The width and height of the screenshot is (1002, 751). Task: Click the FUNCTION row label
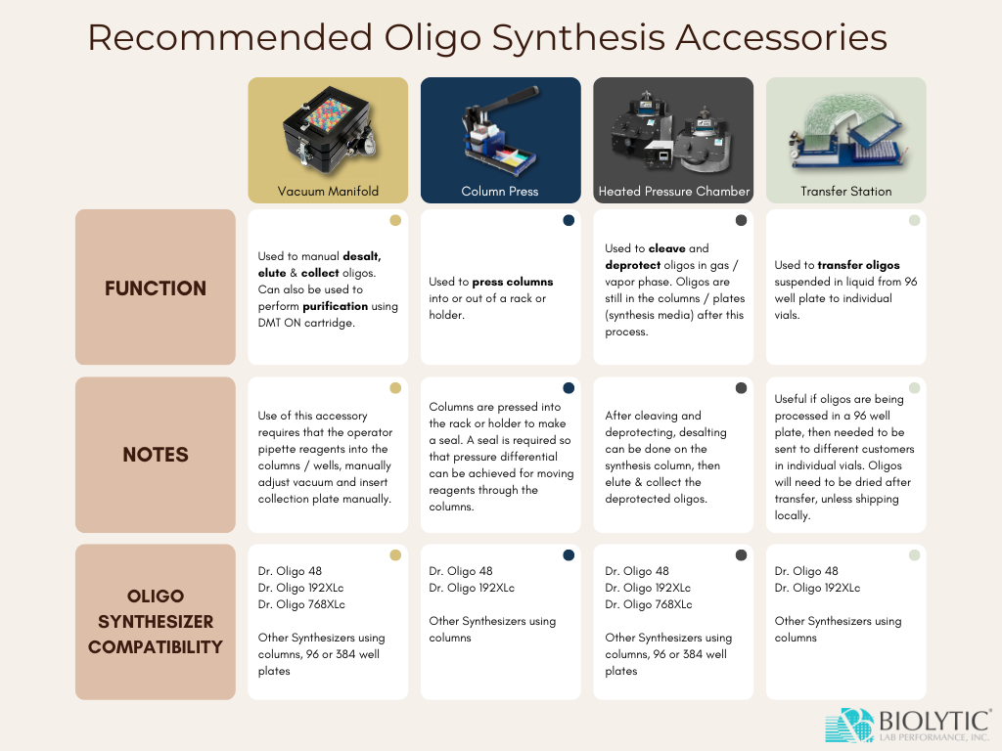pyautogui.click(x=156, y=288)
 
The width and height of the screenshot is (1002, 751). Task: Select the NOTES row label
pyautogui.click(x=156, y=455)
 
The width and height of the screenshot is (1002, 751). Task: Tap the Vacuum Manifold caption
pyautogui.click(x=328, y=191)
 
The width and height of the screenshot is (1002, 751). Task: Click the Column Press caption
pyautogui.click(x=500, y=191)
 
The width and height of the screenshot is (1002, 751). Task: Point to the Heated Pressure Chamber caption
pyautogui.click(x=673, y=191)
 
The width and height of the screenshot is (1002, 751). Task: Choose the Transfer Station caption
pyautogui.click(x=846, y=191)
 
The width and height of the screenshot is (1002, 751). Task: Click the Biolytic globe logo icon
pyautogui.click(x=849, y=726)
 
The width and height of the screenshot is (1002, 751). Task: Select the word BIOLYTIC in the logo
pyautogui.click(x=934, y=721)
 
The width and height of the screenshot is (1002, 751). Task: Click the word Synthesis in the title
pyautogui.click(x=578, y=38)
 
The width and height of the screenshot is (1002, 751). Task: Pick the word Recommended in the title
pyautogui.click(x=230, y=37)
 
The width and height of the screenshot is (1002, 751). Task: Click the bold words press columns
pyautogui.click(x=513, y=283)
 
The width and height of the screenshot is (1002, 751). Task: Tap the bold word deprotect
pyautogui.click(x=633, y=266)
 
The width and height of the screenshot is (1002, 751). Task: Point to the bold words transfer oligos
pyautogui.click(x=858, y=265)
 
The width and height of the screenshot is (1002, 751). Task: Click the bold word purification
pyautogui.click(x=335, y=306)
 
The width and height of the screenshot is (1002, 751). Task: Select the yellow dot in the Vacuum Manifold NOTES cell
pyautogui.click(x=395, y=387)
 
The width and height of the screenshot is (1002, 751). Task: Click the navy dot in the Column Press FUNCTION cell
pyautogui.click(x=569, y=220)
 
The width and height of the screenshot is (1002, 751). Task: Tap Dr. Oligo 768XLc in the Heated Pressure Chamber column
pyautogui.click(x=649, y=604)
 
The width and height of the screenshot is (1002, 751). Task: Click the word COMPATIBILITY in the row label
pyautogui.click(x=156, y=647)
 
